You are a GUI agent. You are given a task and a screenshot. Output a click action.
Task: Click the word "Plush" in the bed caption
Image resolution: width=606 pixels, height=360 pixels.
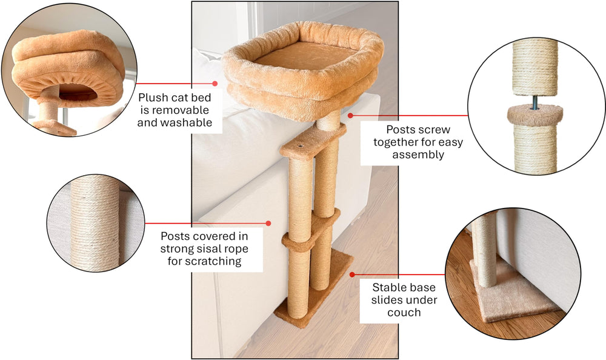155,98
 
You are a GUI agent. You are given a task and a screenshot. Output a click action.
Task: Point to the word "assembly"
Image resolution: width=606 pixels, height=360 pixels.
418,155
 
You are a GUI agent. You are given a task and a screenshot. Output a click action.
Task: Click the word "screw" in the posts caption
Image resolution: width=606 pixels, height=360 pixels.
436,130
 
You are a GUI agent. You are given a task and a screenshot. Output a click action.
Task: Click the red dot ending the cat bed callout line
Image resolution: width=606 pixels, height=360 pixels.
214,84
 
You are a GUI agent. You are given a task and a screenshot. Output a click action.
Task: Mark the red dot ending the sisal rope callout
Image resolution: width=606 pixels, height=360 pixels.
268,224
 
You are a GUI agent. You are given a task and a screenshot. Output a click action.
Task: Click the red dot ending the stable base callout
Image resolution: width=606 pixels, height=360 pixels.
352,275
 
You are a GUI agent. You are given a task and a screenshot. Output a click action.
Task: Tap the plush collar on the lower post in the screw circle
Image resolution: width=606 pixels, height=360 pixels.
534,115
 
